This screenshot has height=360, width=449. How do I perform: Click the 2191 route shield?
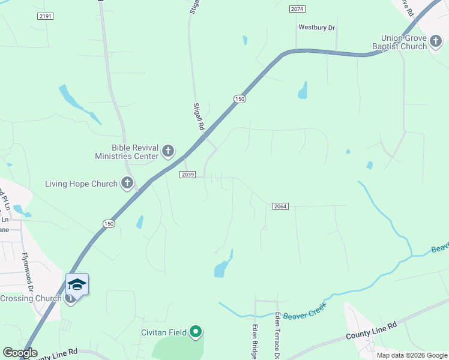pos(45,16)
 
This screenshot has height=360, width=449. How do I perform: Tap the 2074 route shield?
pos(297,9)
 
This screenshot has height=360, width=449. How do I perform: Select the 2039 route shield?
pos(187,174)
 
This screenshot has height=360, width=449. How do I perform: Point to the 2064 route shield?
pos(280,206)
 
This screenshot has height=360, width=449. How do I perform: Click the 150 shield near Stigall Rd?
pos(240,99)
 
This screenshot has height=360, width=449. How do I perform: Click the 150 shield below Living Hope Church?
pos(108,223)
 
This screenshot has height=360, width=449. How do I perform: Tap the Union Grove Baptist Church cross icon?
pos(436,42)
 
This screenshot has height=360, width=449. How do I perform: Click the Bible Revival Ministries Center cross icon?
pos(168,151)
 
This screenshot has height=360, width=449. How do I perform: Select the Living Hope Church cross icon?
pos(127,183)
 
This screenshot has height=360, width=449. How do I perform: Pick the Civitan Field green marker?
pos(196,331)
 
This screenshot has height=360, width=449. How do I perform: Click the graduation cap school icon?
pos(77,284)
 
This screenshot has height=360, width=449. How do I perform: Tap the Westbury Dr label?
pos(317,28)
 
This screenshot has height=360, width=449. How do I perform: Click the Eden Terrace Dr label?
pos(277,336)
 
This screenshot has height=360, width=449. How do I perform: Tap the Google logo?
pos(20,353)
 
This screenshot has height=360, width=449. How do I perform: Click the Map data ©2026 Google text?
pos(412,355)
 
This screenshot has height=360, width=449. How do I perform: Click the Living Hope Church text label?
pos(81,184)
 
